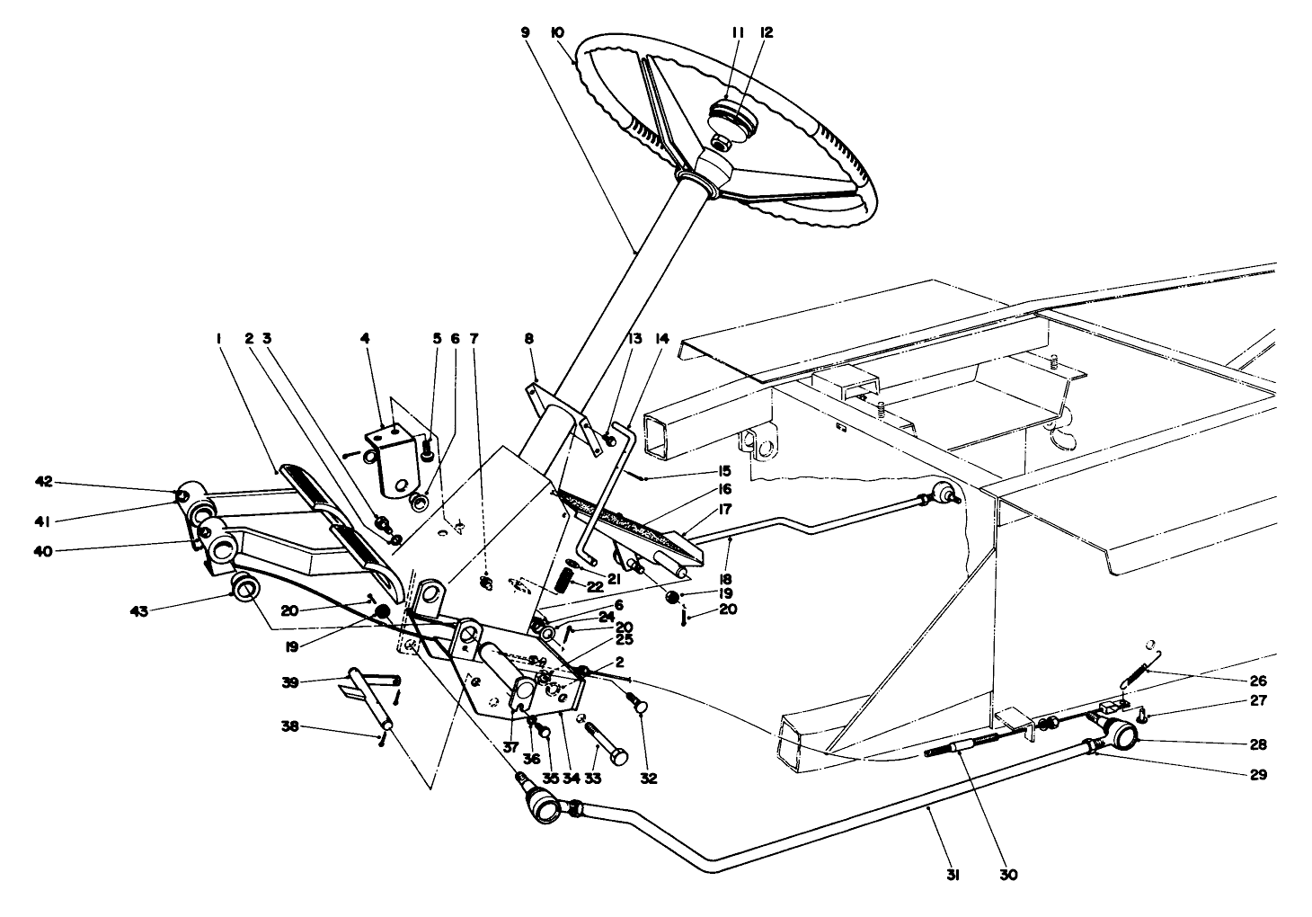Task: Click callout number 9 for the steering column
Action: [x=525, y=31]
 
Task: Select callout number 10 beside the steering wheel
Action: [x=557, y=31]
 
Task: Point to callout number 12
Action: [x=767, y=31]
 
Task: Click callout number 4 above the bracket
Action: [x=365, y=339]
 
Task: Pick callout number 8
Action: [x=529, y=339]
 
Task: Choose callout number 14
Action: [x=662, y=339]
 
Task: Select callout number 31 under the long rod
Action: [x=953, y=875]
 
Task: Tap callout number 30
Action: [x=1009, y=875]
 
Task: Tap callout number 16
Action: [x=725, y=489]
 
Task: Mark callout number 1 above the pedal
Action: [x=218, y=339]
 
